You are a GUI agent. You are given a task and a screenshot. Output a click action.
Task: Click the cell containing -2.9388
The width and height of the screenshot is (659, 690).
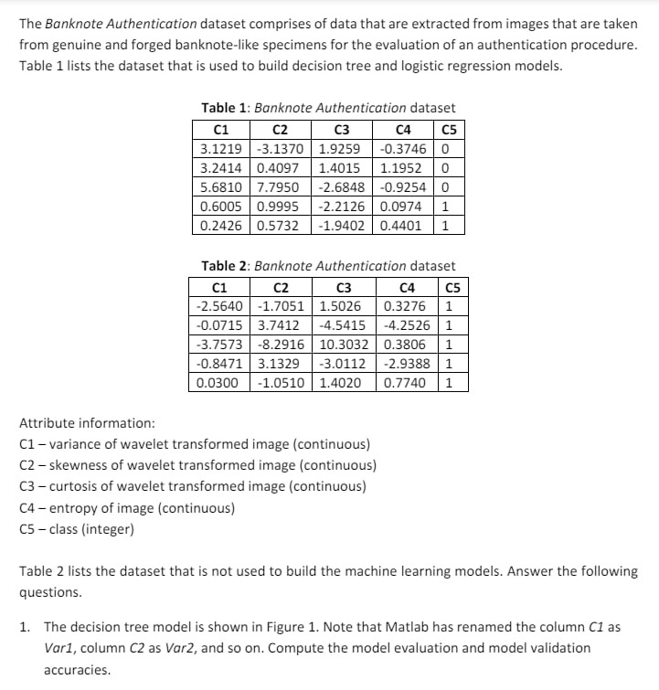405,364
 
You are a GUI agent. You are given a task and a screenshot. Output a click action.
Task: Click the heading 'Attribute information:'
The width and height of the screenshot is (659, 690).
87,423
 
